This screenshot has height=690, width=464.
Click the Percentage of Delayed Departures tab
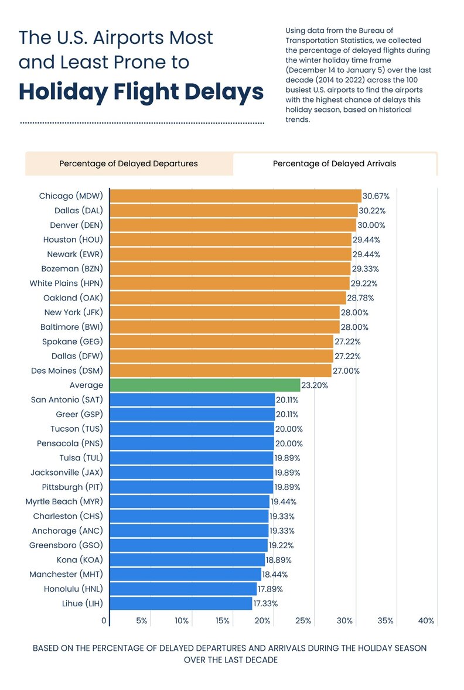[x=128, y=163]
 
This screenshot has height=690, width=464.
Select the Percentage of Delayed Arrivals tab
[x=334, y=163]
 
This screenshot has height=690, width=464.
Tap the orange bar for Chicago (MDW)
[x=236, y=196]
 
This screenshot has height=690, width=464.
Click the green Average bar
[x=205, y=385]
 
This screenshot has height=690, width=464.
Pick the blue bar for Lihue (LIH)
[x=181, y=603]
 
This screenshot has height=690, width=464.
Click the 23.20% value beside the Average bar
[x=315, y=385]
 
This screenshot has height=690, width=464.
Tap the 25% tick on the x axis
[x=303, y=620]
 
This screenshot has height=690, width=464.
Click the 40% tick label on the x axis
[x=426, y=620]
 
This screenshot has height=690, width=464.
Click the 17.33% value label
[x=265, y=603]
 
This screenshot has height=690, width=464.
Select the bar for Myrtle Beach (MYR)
[x=190, y=501]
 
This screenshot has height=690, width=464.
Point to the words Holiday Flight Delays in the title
[x=141, y=92]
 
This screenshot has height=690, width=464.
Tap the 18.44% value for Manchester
[x=275, y=575]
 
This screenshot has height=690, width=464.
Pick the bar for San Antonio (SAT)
[x=192, y=399]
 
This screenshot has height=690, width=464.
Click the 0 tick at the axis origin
[x=104, y=620]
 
